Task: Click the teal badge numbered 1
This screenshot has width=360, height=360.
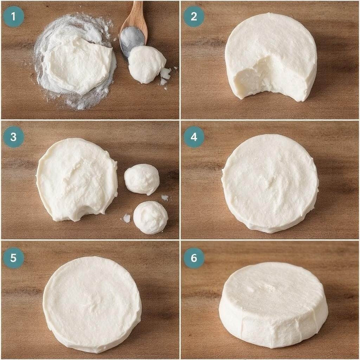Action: point(14,17)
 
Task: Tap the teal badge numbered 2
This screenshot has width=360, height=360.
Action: point(194,17)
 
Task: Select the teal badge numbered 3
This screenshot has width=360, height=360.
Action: point(14,137)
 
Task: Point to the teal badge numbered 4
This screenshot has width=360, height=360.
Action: point(194,137)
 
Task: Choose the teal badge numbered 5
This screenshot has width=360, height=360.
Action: point(14,258)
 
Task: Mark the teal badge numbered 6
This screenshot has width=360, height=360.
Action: point(194,258)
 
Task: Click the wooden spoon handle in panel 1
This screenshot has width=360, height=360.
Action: point(135,16)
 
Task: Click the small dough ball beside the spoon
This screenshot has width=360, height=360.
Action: point(147,64)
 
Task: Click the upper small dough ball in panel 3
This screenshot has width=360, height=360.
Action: point(142,179)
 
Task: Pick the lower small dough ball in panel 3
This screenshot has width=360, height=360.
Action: point(150,218)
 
